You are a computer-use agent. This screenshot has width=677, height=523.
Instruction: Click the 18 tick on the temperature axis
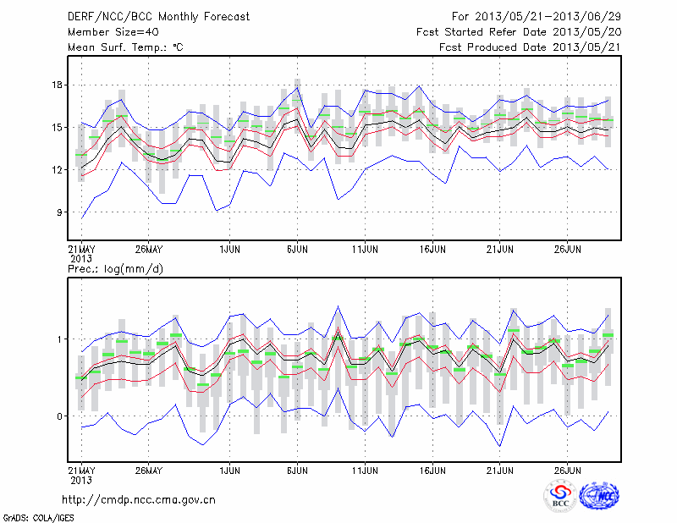(x=58, y=85)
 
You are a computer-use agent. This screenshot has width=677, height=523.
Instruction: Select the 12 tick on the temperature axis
(x=58, y=169)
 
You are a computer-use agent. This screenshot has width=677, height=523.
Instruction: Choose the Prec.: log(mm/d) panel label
(x=115, y=268)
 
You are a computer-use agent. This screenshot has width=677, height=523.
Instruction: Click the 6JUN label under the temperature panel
(x=296, y=250)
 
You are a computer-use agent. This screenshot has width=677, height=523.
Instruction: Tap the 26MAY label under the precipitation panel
(x=148, y=469)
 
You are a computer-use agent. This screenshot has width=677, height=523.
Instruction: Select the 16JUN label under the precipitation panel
(x=432, y=469)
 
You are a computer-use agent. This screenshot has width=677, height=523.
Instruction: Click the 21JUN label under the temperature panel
(x=500, y=250)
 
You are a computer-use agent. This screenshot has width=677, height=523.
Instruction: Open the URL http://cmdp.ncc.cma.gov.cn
(x=139, y=499)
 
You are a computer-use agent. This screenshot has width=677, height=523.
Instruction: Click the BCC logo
(x=560, y=496)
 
